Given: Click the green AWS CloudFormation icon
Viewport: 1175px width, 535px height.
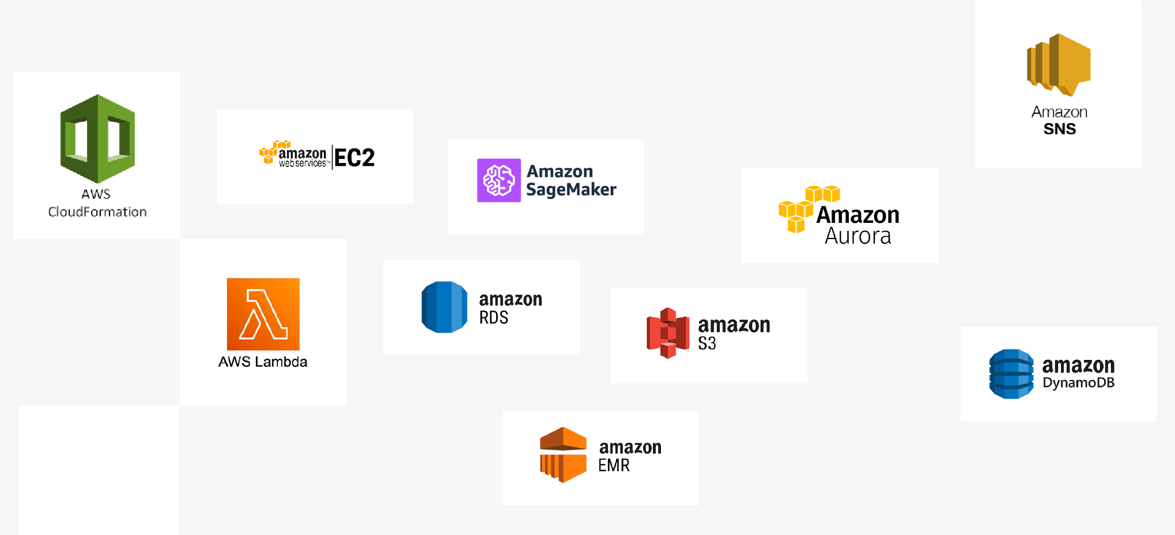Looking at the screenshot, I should [97, 138].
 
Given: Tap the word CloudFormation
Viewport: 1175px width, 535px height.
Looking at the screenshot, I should [97, 212].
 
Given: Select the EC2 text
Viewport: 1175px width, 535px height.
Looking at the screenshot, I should [354, 158].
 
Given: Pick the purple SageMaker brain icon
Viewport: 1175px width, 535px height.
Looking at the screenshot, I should [498, 180].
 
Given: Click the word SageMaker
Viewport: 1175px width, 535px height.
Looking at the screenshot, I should [571, 189].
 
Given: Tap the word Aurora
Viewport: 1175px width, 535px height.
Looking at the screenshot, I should [857, 236].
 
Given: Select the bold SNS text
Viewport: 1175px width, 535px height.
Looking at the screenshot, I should [1059, 129].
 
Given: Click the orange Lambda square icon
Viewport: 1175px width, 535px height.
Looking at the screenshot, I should [263, 314].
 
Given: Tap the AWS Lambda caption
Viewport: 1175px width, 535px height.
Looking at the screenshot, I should [263, 362].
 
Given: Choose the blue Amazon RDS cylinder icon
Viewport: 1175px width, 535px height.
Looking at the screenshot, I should [444, 307].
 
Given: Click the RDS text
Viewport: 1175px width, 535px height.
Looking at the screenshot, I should [494, 317].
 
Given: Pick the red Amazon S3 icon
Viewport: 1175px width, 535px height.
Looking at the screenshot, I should [668, 333].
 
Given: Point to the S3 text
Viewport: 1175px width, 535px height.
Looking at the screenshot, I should [707, 343].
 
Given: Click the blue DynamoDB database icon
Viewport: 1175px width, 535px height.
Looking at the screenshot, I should [1011, 374].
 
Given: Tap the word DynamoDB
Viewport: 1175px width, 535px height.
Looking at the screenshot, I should [1078, 383].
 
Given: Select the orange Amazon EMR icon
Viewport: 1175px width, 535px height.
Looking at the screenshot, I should [563, 454].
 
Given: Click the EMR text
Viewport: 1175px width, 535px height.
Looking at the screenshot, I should [614, 465].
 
